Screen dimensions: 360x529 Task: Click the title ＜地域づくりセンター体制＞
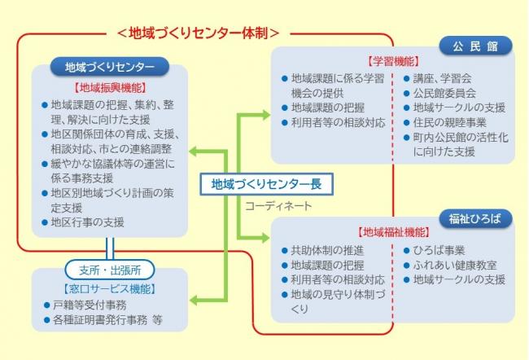[199, 33]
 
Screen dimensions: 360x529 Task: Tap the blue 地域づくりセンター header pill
[110, 66]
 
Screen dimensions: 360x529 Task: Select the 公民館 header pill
[476, 46]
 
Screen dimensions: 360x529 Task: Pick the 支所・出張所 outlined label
[109, 270]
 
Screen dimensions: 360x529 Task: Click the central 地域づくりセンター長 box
[266, 184]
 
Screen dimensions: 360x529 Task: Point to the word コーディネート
[278, 206]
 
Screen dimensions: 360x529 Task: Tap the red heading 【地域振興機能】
[109, 86]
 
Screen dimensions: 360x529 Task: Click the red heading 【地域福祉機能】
[393, 231]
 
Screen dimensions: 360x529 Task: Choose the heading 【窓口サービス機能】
[109, 288]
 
